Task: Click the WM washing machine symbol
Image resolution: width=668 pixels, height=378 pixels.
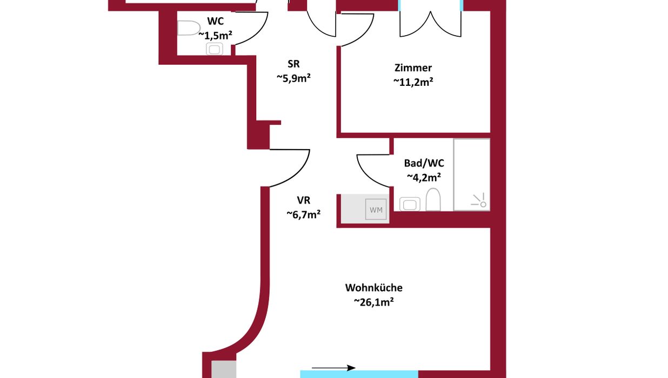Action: [376, 210]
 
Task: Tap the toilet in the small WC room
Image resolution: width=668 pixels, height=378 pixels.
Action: [189, 28]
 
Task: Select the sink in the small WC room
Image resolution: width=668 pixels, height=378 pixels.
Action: [214, 49]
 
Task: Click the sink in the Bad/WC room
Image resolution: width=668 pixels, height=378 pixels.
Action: [410, 204]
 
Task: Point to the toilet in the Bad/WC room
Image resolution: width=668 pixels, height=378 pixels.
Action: [433, 199]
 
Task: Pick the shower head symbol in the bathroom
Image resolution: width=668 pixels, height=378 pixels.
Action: [479, 200]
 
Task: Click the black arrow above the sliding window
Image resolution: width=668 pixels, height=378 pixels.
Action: [333, 368]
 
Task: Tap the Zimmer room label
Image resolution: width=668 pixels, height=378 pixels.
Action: [413, 68]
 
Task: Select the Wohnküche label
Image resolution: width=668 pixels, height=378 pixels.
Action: [373, 288]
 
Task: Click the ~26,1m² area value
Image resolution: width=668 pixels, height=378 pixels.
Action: [373, 302]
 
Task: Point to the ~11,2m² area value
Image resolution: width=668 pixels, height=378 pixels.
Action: [413, 82]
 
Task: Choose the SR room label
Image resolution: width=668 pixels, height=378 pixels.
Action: [293, 64]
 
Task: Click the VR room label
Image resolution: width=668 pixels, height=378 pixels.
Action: [303, 200]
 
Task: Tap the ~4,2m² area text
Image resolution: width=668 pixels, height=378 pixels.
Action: [424, 177]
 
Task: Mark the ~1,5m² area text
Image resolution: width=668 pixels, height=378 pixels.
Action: [215, 36]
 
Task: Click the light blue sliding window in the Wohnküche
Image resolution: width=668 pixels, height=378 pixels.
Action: [359, 374]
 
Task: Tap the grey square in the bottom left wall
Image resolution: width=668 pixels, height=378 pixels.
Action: [224, 369]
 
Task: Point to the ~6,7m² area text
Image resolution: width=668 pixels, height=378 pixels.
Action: [303, 214]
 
